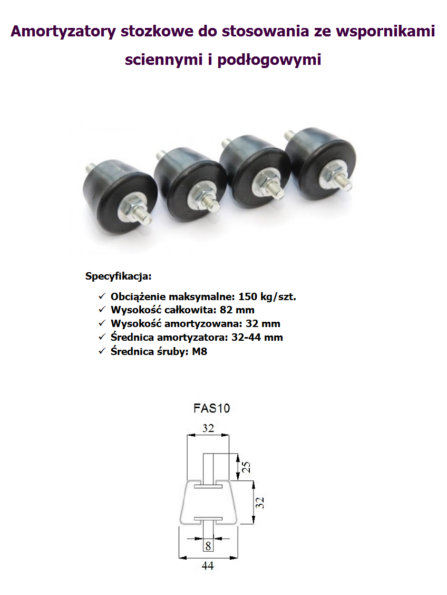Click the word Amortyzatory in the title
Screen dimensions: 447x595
(x=63, y=31)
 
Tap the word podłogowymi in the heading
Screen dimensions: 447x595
(x=269, y=60)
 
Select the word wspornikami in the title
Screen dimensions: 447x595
(x=385, y=31)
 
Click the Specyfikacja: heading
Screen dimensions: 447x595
(x=118, y=276)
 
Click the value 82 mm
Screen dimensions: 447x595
(x=237, y=310)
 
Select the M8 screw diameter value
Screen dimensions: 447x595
(x=199, y=351)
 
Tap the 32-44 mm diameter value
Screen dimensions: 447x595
(x=257, y=338)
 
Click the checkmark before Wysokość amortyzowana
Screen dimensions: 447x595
(x=102, y=324)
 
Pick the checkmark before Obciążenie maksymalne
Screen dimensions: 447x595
(x=102, y=297)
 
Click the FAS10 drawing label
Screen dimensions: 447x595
(x=211, y=408)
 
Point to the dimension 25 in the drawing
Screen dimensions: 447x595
(x=246, y=467)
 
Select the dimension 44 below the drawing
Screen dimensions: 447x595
(x=208, y=566)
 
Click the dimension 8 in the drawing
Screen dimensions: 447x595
(x=208, y=546)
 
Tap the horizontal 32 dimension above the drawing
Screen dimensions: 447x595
(x=208, y=428)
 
